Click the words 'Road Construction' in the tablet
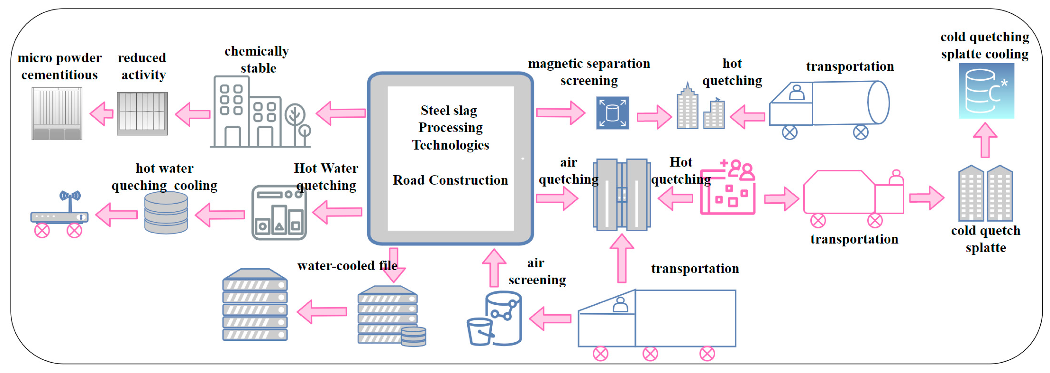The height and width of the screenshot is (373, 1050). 450,180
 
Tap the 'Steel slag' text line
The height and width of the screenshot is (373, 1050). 449,110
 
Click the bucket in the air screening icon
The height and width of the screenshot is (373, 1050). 480,331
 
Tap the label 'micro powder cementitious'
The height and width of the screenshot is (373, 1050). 59,66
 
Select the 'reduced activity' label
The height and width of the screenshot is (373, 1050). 142,66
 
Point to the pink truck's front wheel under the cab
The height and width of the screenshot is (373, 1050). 874,220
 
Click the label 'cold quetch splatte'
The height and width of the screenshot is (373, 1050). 985,239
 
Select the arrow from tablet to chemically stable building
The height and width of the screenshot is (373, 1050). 341,113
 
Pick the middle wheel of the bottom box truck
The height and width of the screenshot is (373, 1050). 650,353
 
